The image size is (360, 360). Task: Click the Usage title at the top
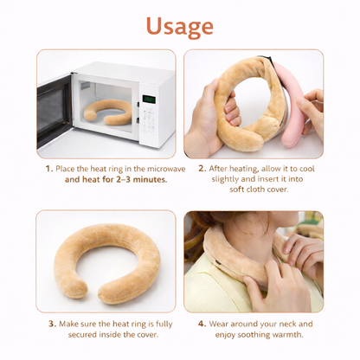click(x=179, y=27)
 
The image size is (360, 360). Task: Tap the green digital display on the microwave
click(x=149, y=100)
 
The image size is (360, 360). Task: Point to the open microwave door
click(x=55, y=110)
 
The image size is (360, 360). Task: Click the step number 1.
click(x=49, y=169)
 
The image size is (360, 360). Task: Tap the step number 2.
click(x=202, y=169)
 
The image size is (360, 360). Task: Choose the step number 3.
click(x=52, y=324)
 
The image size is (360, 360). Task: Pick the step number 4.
click(x=202, y=324)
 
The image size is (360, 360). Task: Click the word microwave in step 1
click(x=166, y=169)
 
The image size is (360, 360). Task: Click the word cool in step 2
click(x=306, y=169)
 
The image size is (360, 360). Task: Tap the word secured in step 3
click(x=82, y=335)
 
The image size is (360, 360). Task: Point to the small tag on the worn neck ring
click(x=219, y=263)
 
